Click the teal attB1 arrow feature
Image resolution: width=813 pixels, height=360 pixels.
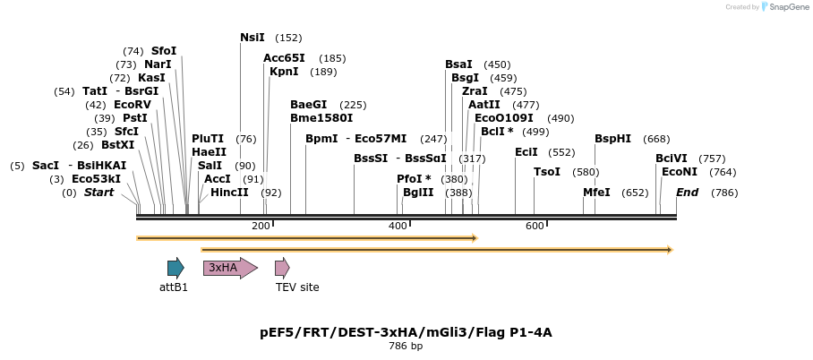point(175,268)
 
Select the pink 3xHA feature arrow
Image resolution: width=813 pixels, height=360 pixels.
point(229,268)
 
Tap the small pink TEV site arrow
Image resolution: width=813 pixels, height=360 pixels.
point(282,268)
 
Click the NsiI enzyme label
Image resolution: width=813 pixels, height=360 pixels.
point(252,38)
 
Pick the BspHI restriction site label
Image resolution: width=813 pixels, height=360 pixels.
point(612,139)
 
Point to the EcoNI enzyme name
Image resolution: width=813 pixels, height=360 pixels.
point(680,172)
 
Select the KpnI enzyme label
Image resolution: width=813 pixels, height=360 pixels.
point(284,72)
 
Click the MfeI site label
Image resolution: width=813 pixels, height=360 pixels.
point(596,193)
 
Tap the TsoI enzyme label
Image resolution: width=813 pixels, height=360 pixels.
point(546,172)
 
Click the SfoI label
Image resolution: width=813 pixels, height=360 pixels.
point(164,51)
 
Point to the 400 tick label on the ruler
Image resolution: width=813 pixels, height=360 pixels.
point(398,226)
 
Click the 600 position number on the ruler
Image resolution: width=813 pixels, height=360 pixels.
point(535,226)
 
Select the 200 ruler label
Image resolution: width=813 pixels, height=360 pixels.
point(261,226)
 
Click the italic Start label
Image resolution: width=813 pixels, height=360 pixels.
point(98,193)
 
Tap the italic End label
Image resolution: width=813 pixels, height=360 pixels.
point(687,193)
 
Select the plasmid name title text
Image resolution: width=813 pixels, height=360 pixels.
point(406,332)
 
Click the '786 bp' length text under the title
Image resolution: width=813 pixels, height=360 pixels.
point(406,346)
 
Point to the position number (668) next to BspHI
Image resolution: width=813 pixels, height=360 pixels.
point(656,139)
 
